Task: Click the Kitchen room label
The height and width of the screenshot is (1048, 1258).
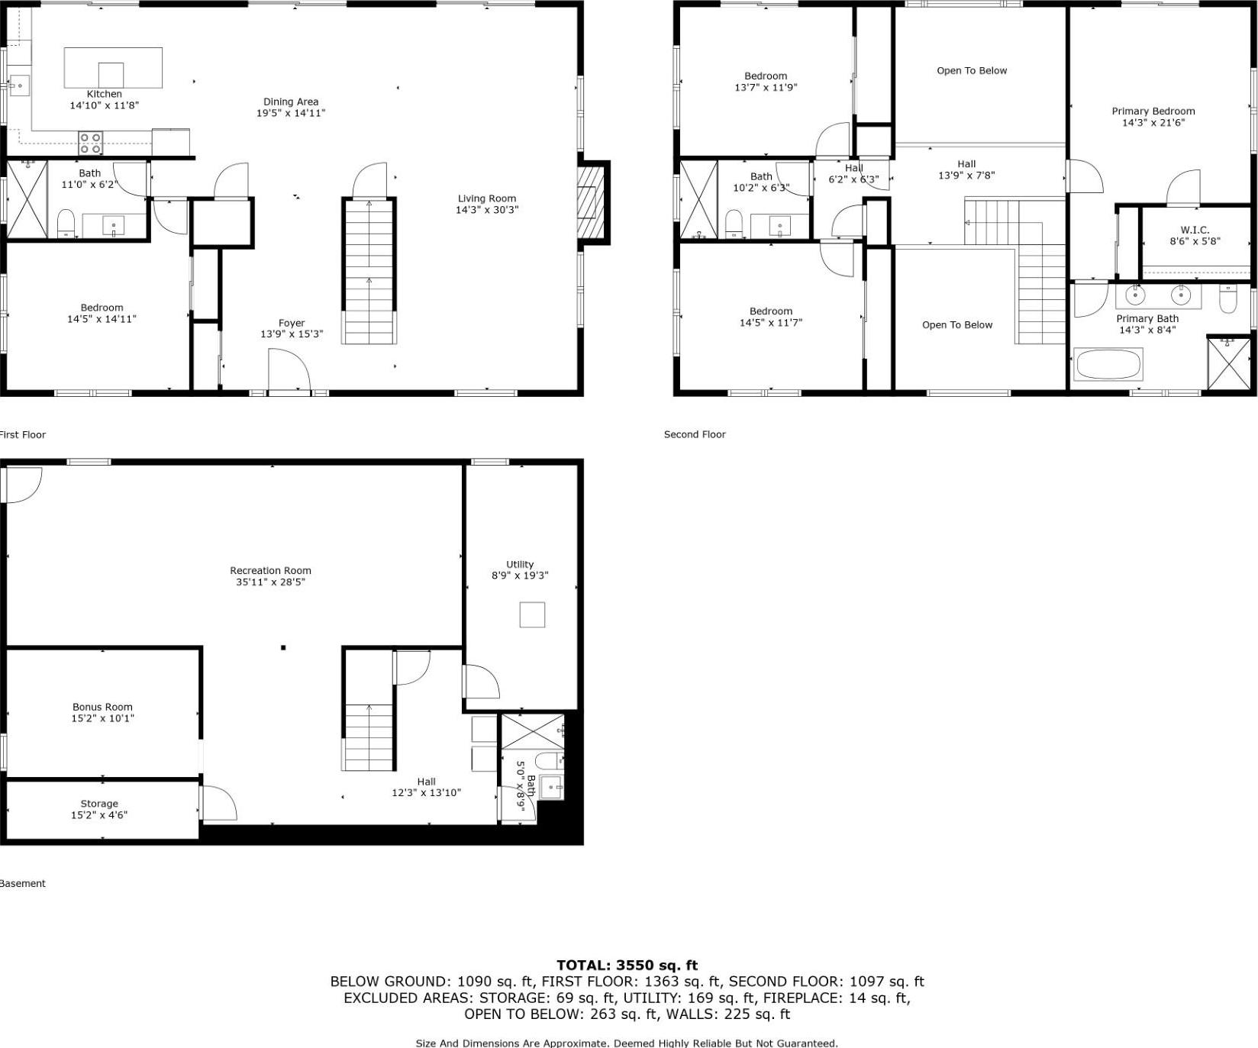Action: [104, 94]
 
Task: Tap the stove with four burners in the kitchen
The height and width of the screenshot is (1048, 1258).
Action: [91, 143]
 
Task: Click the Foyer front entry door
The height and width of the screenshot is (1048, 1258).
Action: [289, 372]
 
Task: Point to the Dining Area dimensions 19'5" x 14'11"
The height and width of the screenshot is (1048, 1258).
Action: [291, 113]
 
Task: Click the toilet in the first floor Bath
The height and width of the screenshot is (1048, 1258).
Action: [66, 223]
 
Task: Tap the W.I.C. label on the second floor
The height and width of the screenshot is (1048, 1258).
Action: [1195, 230]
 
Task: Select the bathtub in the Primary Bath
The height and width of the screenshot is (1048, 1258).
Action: [1108, 364]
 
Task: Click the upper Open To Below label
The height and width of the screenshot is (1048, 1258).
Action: [972, 70]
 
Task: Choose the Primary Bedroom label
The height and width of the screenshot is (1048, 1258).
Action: [1153, 111]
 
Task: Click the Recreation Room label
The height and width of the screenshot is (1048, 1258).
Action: [270, 570]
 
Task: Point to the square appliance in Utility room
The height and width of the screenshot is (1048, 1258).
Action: [532, 614]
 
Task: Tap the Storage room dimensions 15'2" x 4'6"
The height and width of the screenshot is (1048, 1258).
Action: [99, 815]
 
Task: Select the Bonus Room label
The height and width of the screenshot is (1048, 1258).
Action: [102, 707]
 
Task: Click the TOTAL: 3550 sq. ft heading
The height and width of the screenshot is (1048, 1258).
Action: [627, 965]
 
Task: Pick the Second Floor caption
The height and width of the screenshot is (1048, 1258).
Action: [695, 434]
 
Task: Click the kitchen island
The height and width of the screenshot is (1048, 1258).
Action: [113, 67]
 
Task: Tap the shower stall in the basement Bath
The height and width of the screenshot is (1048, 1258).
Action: [531, 731]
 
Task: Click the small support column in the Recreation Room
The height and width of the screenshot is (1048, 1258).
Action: [283, 647]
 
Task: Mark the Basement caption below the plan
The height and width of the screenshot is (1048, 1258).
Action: [23, 883]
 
